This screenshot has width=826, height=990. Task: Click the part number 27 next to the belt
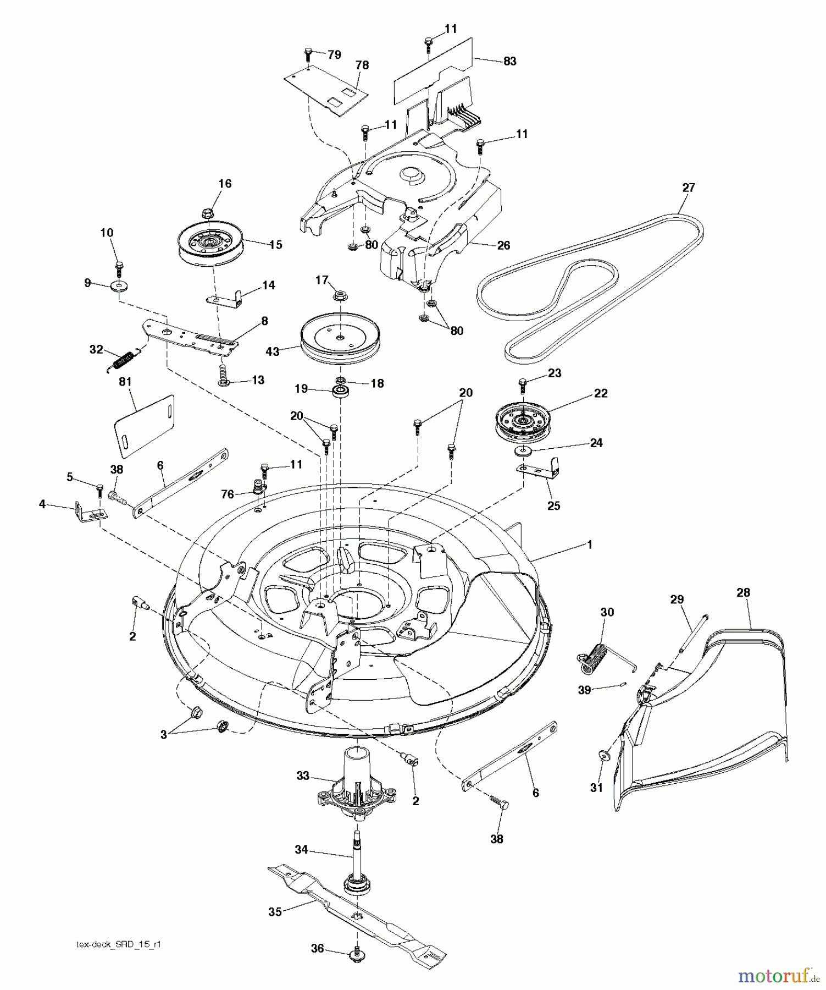click(x=688, y=188)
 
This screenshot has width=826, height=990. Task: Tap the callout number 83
click(x=509, y=61)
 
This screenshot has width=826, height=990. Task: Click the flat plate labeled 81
click(x=144, y=426)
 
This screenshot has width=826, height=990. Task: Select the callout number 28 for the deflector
click(x=743, y=592)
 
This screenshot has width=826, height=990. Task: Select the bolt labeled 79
click(x=308, y=54)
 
